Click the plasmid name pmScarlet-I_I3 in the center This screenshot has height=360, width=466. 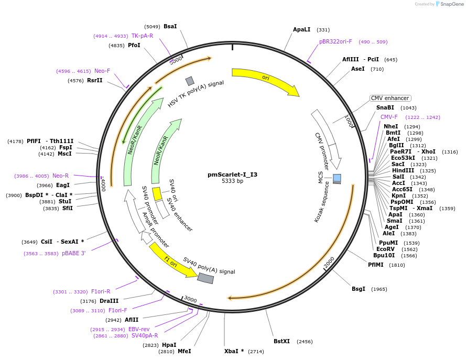coord(232,174)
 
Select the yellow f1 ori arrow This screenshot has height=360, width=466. coord(171,259)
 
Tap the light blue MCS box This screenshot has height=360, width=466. coord(337,178)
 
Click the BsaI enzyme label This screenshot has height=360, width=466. coord(170,26)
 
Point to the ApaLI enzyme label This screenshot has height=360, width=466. coord(302,30)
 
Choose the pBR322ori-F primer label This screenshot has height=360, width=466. coord(335,41)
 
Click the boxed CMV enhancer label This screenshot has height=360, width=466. coord(390,98)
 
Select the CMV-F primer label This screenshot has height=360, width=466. coord(389,117)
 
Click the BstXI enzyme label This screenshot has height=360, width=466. coord(281,341)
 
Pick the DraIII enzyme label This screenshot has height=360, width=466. coord(109,301)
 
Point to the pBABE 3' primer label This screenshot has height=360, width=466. coord(73,253)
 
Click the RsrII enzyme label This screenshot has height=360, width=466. coord(95,80)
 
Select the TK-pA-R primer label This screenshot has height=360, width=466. coord(142,36)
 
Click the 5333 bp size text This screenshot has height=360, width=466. coord(232,181)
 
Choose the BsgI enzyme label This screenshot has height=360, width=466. coord(359,289)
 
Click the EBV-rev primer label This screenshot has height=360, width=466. coord(139,329)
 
